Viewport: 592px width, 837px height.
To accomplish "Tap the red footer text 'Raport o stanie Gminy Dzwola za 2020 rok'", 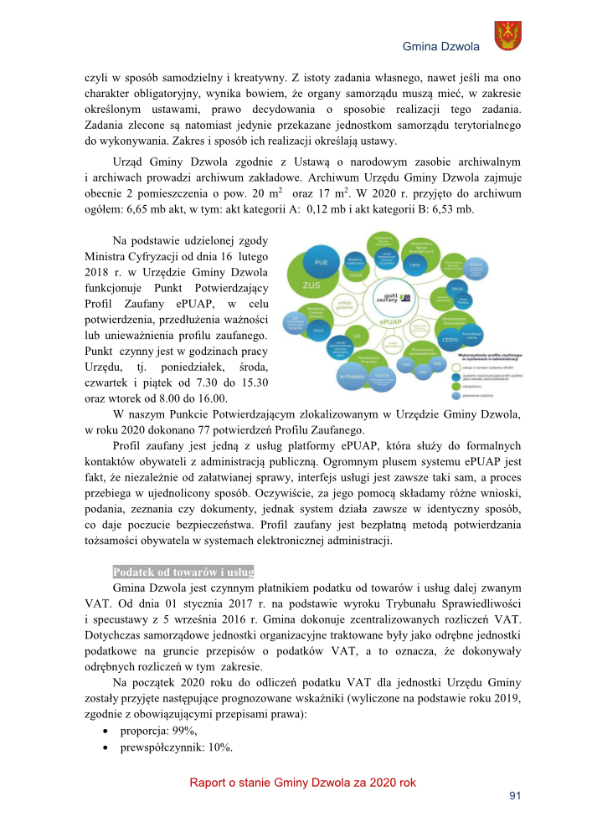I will tap(302, 783).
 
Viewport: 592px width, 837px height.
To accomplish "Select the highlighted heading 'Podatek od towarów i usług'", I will tap(183, 572).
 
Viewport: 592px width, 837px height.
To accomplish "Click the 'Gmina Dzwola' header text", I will tap(440, 46).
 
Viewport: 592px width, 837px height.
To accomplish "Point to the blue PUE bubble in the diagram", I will tap(321, 262).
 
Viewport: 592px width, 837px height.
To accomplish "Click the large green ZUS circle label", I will tap(312, 285).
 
